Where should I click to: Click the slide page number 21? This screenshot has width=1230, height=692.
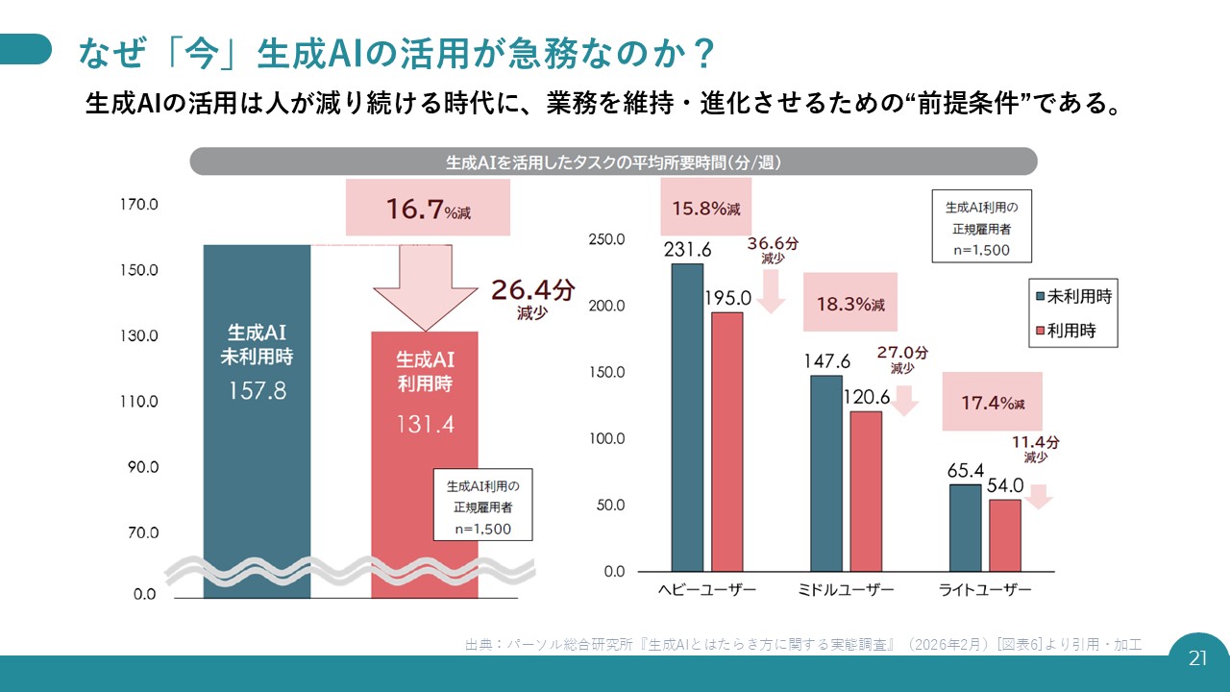[x=1197, y=658]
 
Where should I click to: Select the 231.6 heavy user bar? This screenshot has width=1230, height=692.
[x=687, y=417]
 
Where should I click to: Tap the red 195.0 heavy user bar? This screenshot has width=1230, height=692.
[x=727, y=441]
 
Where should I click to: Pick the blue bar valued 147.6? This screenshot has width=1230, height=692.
[x=826, y=473]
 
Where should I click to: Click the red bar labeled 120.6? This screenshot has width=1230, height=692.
[x=866, y=491]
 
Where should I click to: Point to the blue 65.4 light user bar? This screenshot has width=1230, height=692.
[x=965, y=528]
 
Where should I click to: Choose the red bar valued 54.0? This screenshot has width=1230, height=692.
[x=1005, y=535]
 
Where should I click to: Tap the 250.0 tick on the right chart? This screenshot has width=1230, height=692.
[x=606, y=239]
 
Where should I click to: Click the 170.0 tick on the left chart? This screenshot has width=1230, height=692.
[x=139, y=205]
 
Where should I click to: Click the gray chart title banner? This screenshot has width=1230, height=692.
[x=613, y=161]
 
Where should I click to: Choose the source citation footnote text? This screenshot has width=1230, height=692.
[x=802, y=644]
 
